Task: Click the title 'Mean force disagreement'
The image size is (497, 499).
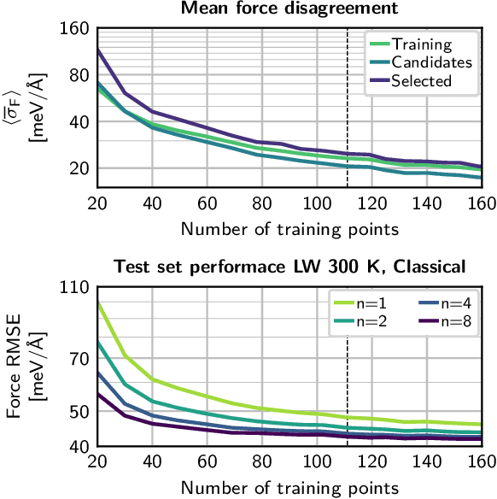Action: point(289,9)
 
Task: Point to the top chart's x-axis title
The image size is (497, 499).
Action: point(289,228)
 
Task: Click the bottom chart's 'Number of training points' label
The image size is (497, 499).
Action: point(289,488)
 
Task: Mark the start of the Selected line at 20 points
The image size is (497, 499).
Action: point(98,50)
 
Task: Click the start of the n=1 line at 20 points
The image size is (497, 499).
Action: point(98,302)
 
